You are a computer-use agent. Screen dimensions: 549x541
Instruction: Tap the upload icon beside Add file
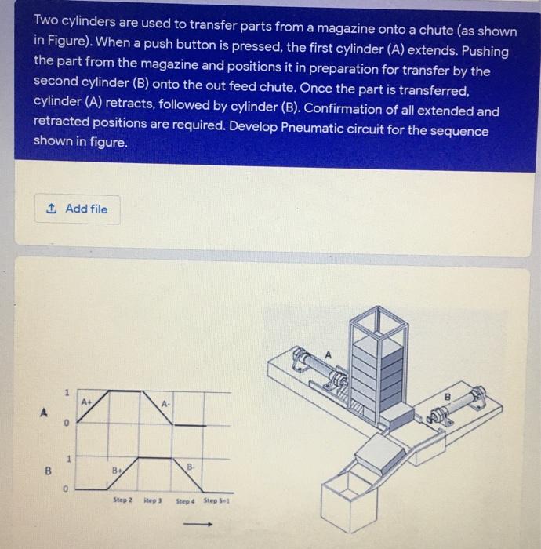(x=53, y=209)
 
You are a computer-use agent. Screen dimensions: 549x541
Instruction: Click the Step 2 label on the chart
(x=123, y=499)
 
